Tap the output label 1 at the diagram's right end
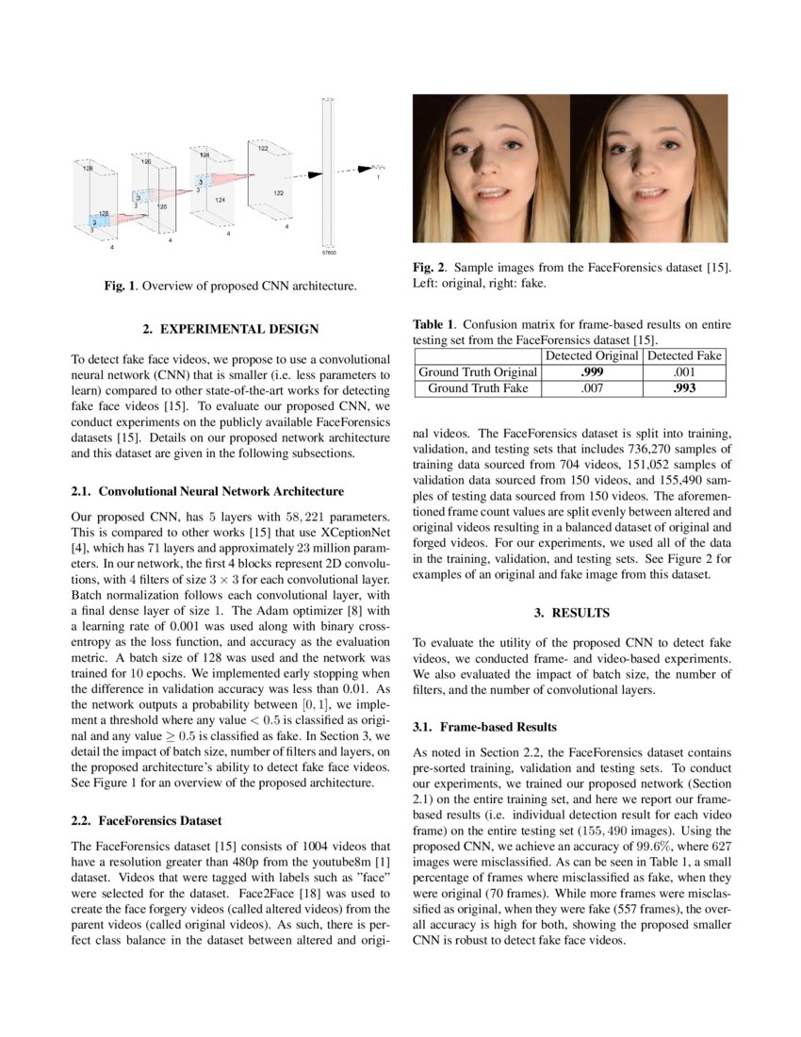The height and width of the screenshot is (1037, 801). pyautogui.click(x=378, y=177)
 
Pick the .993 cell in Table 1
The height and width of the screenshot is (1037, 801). pyautogui.click(x=684, y=387)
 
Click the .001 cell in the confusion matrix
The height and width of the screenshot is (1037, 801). pyautogui.click(x=684, y=371)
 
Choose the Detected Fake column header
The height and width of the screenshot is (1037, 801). pyautogui.click(x=684, y=355)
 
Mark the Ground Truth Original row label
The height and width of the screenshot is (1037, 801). pyautogui.click(x=478, y=371)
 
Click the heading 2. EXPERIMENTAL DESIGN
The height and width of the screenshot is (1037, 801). pyautogui.click(x=231, y=329)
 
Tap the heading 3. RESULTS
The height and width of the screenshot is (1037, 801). pyautogui.click(x=572, y=613)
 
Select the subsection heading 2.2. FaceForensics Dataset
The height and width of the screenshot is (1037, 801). pyautogui.click(x=147, y=820)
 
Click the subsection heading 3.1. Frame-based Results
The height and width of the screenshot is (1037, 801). pyautogui.click(x=485, y=727)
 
